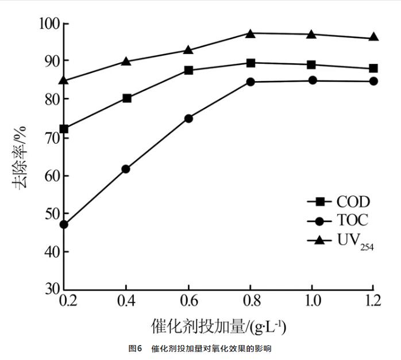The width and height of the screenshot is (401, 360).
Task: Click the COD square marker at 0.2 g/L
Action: pyautogui.click(x=64, y=129)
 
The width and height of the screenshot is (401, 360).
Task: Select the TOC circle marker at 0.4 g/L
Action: pyautogui.click(x=126, y=168)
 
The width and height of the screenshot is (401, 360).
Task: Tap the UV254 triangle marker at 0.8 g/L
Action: pyautogui.click(x=250, y=33)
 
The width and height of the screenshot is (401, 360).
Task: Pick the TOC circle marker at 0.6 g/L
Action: pyautogui.click(x=188, y=118)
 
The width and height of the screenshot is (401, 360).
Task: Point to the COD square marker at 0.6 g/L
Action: pyautogui.click(x=188, y=70)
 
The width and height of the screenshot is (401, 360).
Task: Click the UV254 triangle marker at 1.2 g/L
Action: pyautogui.click(x=373, y=37)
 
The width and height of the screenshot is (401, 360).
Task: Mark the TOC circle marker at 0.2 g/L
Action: pyautogui.click(x=64, y=224)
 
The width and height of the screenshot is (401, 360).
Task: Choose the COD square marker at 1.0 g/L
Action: pyautogui.click(x=312, y=64)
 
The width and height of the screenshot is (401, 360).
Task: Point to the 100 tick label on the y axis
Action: pyautogui.click(x=48, y=24)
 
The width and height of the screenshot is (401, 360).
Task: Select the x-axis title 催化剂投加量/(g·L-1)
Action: pyautogui.click(x=219, y=327)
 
